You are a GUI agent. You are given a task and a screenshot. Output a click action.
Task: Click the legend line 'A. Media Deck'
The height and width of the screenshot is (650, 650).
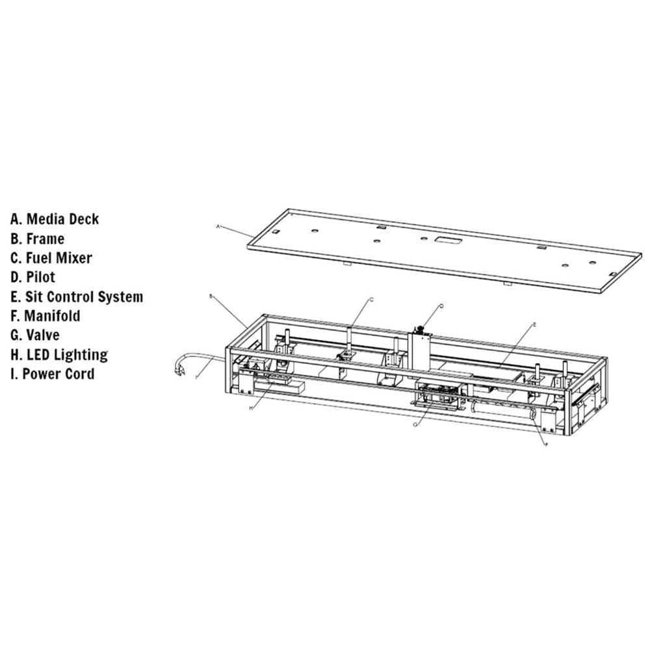55,219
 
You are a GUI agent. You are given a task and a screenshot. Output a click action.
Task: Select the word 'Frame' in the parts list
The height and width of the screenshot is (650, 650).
45,239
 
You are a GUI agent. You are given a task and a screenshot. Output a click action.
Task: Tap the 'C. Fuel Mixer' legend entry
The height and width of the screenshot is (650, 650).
51,258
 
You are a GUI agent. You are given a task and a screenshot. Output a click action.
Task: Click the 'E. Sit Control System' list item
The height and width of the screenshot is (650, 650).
77,297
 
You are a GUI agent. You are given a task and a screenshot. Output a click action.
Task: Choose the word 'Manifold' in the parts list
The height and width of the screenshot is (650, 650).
52,316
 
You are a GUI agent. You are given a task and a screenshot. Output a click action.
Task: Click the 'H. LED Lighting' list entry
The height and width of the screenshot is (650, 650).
59,355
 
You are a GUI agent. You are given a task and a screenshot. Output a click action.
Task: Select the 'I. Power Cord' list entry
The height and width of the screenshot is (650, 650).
52,374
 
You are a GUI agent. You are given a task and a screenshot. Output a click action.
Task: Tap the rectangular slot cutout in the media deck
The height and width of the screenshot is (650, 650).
447,240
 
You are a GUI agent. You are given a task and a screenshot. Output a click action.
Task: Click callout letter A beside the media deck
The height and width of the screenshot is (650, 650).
218,226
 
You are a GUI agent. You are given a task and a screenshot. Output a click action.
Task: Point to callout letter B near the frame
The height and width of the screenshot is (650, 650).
211,296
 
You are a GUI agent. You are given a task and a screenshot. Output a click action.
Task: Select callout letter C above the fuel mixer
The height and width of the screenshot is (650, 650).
371,299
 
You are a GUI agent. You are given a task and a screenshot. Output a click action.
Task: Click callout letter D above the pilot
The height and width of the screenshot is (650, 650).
441,305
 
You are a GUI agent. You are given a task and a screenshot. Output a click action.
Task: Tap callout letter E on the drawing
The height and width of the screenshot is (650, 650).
534,323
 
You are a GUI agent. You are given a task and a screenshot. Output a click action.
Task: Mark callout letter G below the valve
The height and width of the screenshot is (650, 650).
415,424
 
